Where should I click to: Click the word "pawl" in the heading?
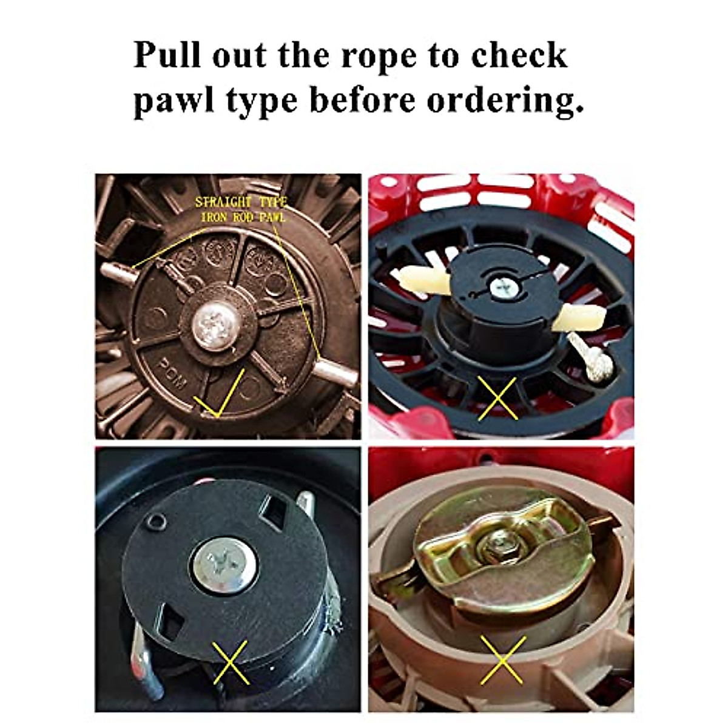coord(173,100)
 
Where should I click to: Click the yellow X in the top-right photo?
coord(497,397)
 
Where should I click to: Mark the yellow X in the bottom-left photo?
coord(231,662)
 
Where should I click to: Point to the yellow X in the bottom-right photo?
coord(502,660)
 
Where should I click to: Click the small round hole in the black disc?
coord(159,521)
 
